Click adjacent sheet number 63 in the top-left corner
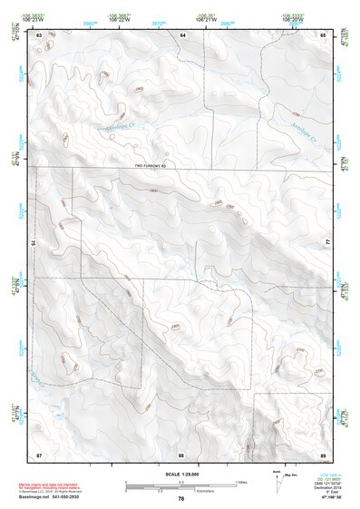40,34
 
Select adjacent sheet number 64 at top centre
182,34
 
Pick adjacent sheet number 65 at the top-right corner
323,34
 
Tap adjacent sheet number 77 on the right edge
328,243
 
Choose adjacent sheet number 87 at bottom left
40,453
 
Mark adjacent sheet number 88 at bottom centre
181,453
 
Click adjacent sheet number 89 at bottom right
323,453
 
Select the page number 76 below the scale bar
181,499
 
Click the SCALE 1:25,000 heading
180,474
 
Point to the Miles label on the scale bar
241,481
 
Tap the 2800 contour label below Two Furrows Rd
153,190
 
